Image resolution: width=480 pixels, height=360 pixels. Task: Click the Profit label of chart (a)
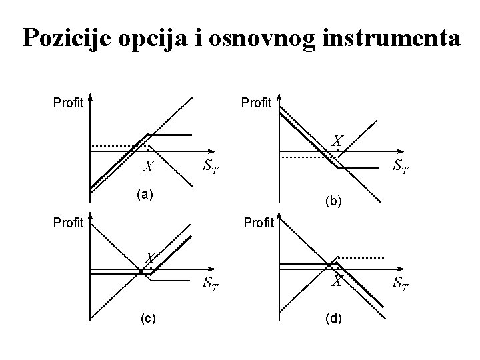(x=68, y=103)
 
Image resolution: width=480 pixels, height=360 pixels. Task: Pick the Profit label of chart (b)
(x=257, y=103)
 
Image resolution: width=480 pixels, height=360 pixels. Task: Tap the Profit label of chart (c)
(x=68, y=223)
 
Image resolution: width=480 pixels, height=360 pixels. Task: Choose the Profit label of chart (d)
(x=259, y=223)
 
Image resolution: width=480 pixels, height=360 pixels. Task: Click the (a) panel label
(x=143, y=195)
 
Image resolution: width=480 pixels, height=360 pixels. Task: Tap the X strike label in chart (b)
(x=338, y=141)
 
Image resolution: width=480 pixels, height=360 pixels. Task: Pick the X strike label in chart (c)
(x=151, y=257)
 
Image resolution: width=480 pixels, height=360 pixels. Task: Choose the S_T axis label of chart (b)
(x=401, y=164)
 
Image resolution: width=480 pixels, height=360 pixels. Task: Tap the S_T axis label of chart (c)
(x=211, y=285)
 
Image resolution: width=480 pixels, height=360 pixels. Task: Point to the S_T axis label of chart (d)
(x=401, y=285)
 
